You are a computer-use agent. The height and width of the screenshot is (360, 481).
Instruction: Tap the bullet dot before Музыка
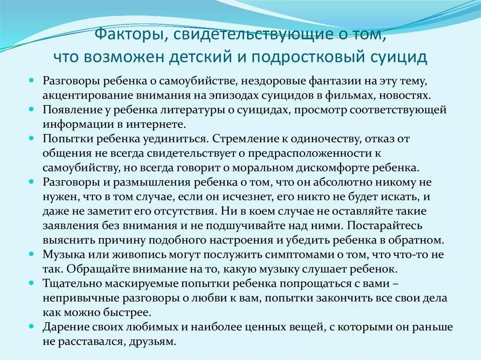coord(31,254)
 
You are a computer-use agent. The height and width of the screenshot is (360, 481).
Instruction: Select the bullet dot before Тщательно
coord(31,283)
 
